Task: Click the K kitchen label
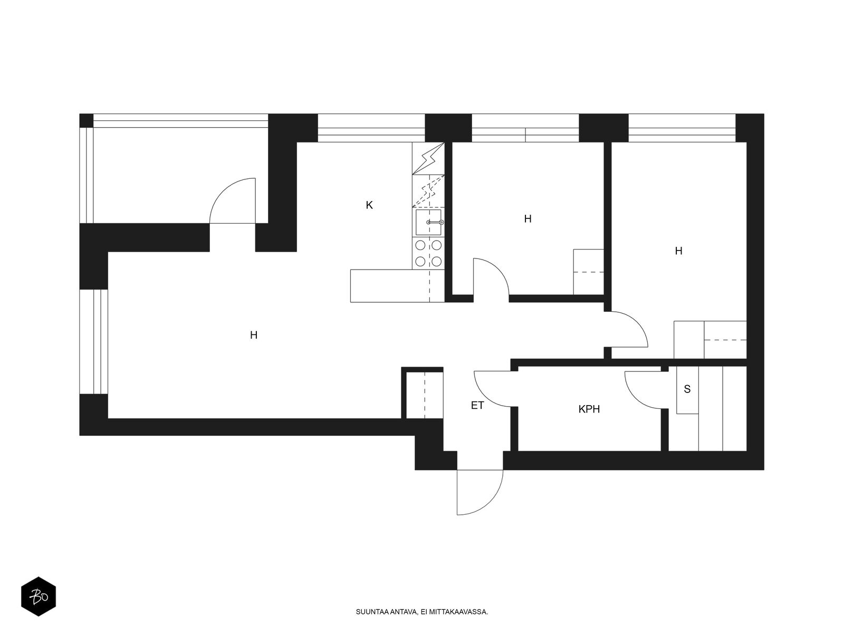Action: coord(369,205)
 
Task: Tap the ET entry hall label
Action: coord(477,406)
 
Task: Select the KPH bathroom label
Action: coord(589,409)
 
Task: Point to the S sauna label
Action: coord(687,389)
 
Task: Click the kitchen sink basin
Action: coord(428,222)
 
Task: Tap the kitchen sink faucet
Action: coord(435,222)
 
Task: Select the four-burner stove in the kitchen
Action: coord(428,253)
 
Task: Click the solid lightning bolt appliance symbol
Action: coord(428,158)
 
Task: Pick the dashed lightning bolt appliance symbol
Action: coord(428,191)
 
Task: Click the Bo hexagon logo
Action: coord(39,597)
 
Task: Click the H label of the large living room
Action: coord(254,335)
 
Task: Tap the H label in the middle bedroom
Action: coord(528,219)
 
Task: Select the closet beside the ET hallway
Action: coord(425,395)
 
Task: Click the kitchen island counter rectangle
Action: coord(397,286)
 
